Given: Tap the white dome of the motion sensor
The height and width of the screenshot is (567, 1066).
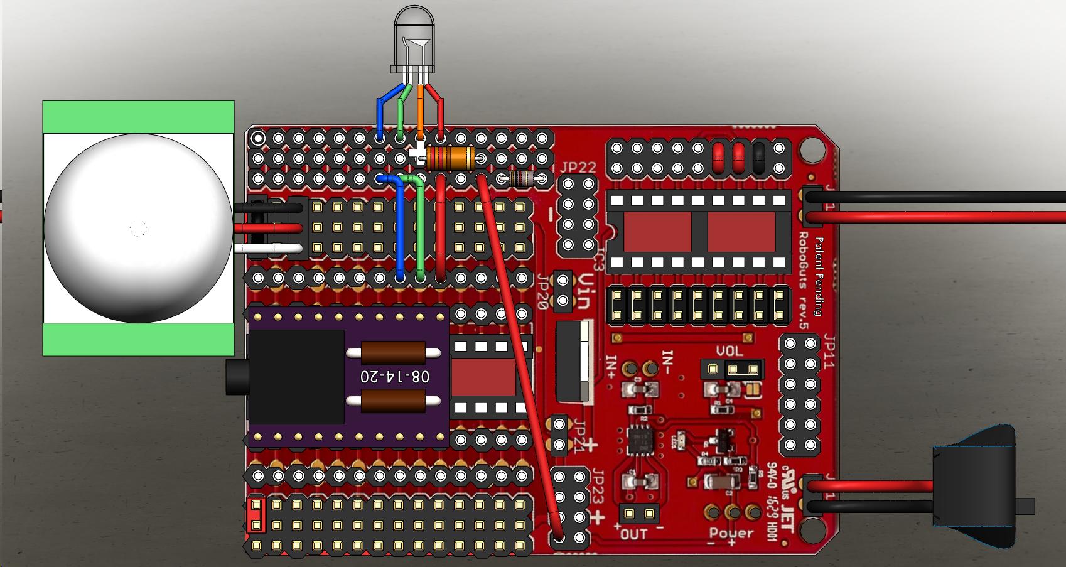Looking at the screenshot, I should pos(137,228).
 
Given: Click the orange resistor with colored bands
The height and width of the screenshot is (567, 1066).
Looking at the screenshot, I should pos(450,158).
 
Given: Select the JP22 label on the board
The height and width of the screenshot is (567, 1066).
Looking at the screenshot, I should pos(578,168).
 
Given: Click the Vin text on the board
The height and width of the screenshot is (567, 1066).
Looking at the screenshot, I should pos(583,293).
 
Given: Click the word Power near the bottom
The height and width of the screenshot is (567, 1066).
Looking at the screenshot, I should pos(731,533).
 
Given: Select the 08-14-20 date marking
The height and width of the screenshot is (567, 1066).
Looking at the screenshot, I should pos(395,376).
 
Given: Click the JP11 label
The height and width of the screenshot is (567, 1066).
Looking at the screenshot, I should pos(830,352).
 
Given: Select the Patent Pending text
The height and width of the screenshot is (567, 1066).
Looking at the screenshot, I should pos(818,276).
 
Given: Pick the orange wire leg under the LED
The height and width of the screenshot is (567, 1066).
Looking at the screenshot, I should pos(420,110).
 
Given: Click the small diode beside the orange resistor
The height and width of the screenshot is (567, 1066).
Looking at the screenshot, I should pos(522,180).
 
